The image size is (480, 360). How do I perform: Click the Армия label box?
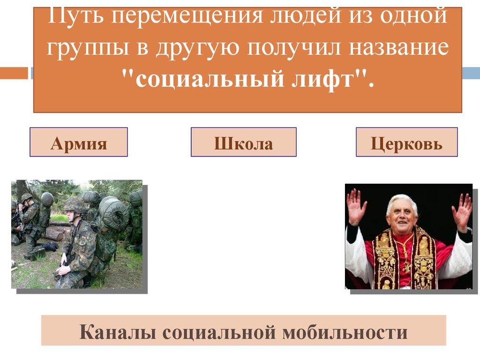[79, 142]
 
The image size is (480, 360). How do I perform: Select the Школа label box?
[243, 142]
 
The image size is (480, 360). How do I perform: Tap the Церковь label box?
[406, 142]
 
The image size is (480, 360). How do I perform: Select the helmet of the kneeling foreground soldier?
[75, 203]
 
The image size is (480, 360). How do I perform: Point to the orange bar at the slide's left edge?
[14, 73]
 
